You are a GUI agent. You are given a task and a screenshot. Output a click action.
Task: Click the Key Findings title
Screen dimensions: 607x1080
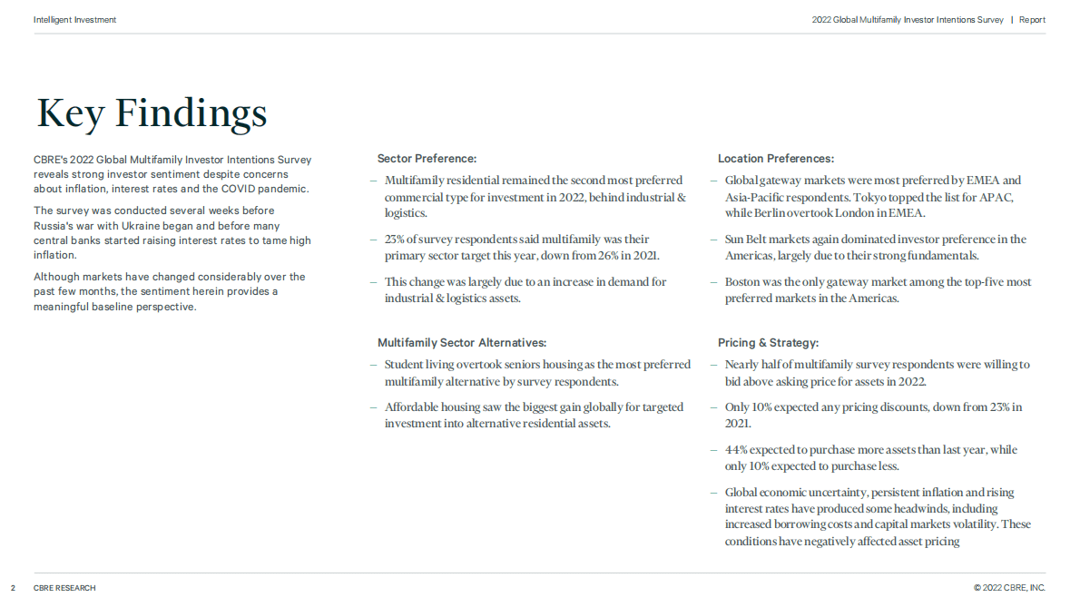[152, 113]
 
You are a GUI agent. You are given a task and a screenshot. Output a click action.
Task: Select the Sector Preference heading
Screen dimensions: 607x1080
[427, 159]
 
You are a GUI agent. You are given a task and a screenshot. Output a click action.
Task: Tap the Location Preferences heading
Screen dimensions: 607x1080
[776, 159]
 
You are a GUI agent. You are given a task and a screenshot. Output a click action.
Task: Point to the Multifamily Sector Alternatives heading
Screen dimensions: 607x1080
[462, 343]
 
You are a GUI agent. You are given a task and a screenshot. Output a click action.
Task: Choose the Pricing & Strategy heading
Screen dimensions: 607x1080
[768, 343]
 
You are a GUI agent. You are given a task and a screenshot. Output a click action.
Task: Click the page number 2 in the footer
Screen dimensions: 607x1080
[13, 588]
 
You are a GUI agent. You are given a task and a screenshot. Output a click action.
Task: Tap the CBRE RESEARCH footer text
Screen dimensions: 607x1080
[64, 588]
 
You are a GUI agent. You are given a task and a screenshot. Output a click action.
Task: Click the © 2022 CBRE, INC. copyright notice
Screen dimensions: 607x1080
[1009, 588]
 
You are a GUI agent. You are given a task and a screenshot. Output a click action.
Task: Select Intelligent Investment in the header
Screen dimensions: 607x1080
[74, 20]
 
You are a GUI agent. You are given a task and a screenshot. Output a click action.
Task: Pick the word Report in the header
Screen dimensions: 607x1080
[1032, 20]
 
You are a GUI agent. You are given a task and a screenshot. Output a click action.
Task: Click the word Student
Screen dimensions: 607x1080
[404, 365]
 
